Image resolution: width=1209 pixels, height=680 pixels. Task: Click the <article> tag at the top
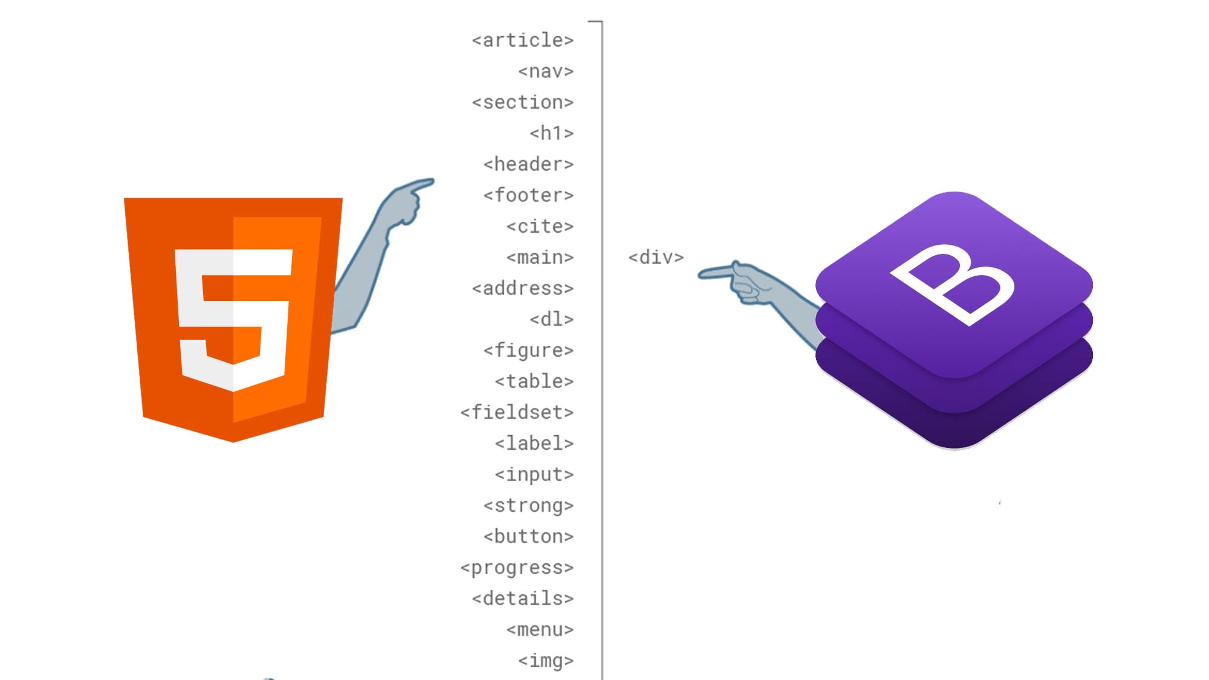coord(523,40)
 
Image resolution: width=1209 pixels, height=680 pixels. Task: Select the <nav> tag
coord(546,71)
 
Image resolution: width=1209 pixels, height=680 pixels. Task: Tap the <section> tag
coord(523,103)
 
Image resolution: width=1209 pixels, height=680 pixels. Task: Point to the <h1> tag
coord(551,134)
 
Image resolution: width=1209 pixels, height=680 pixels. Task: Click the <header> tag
coord(528,164)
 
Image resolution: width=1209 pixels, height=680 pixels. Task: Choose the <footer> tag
coord(528,196)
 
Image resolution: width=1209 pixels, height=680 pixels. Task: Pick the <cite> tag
coord(540,227)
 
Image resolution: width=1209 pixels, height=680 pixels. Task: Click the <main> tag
coord(540,258)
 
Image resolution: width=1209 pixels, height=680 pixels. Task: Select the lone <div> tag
coord(656,257)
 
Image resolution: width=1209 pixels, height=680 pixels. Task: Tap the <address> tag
coord(523,289)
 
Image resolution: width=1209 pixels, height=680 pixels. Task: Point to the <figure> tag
coord(528,351)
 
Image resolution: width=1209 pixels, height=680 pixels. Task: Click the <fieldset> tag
coord(517,413)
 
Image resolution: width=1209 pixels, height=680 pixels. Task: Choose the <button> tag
coord(528,537)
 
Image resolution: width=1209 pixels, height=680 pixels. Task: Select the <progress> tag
coord(517,568)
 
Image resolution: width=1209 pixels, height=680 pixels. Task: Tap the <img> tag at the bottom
coord(546,661)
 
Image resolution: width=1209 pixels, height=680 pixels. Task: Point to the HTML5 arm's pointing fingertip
coord(430,181)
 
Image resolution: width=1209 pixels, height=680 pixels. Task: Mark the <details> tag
coord(523,599)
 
